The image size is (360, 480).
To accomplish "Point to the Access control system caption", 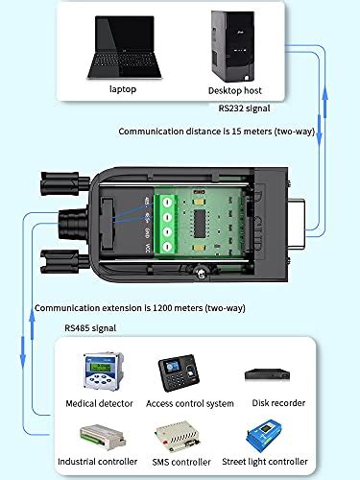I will pyautogui.click(x=188, y=403).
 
